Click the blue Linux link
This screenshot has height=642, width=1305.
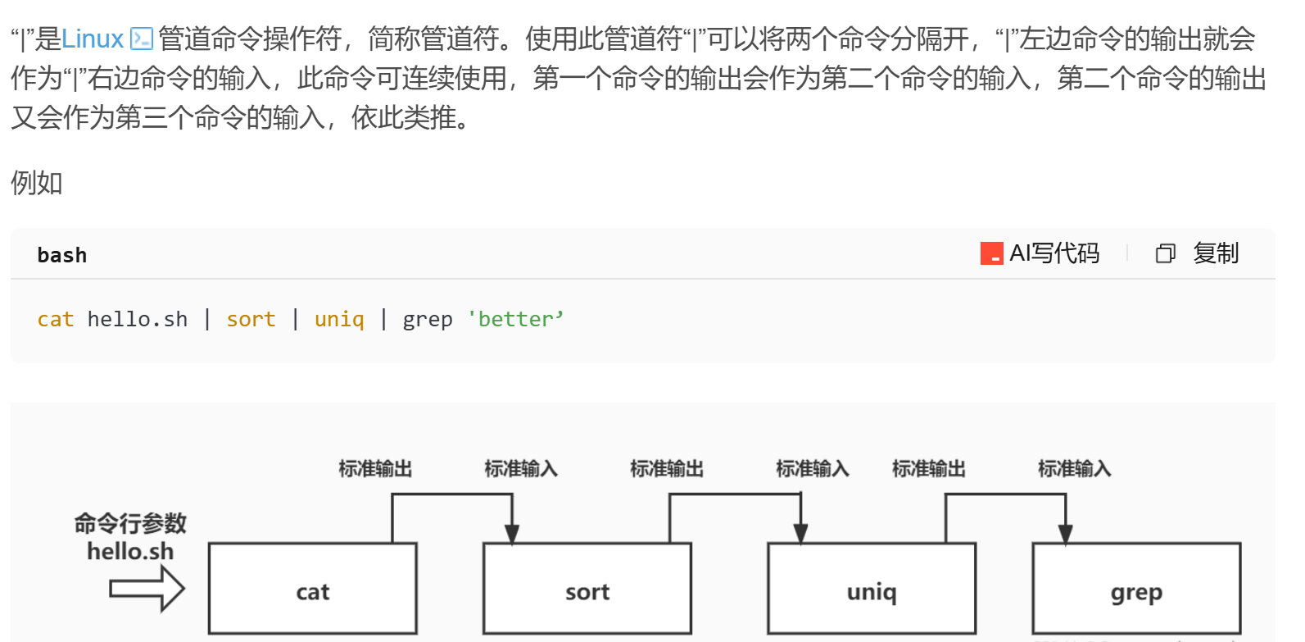93,39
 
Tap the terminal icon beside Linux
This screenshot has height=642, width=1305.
142,39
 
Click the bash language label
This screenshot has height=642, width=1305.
62,255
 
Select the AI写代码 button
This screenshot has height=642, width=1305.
1054,253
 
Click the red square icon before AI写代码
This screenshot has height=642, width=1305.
991,253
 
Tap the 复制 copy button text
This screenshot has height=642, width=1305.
1216,253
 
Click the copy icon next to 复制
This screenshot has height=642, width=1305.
1165,254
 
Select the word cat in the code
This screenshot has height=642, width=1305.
56,319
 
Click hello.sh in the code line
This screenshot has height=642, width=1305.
138,319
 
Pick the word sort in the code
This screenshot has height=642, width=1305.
251,319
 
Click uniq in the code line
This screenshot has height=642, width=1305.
339,319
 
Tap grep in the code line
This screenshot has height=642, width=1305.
428,319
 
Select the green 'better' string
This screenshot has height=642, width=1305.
515,319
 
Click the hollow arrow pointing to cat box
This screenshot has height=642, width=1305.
147,589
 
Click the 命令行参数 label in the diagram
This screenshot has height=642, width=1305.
130,522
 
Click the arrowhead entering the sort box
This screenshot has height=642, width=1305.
512,534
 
